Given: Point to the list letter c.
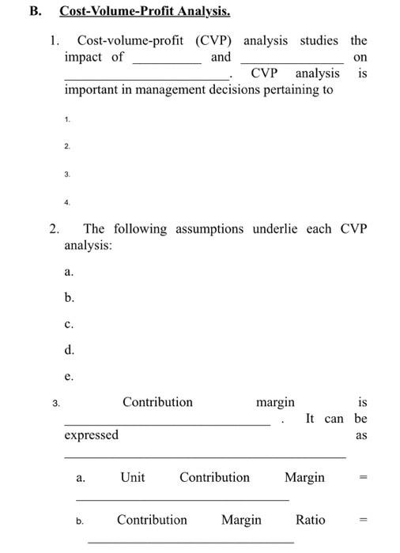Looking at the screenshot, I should pyautogui.click(x=69, y=323).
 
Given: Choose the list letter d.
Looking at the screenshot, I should pyautogui.click(x=70, y=348).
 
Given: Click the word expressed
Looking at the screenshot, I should pyautogui.click(x=91, y=435).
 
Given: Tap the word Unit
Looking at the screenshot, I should pyautogui.click(x=133, y=477).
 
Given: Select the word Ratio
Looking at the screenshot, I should pyautogui.click(x=310, y=520).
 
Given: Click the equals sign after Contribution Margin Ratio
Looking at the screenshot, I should pyautogui.click(x=362, y=520).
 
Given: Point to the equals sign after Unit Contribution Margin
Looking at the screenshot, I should pyautogui.click(x=362, y=477).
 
